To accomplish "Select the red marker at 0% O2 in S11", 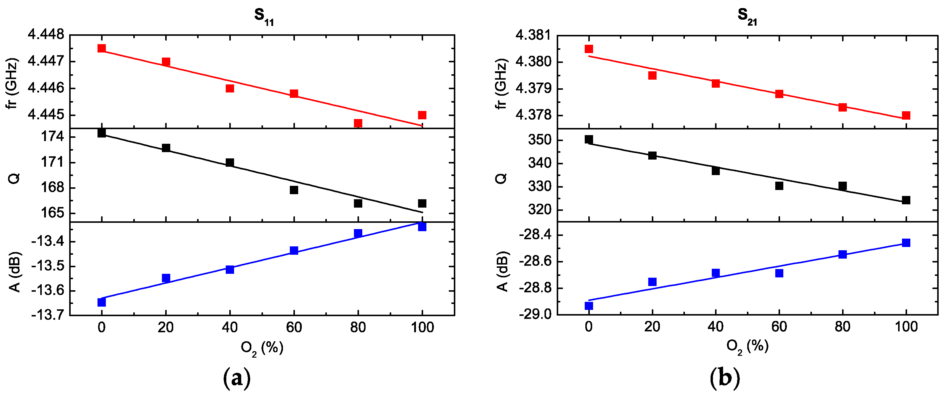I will (x=101, y=48).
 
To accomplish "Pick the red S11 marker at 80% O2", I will (x=358, y=123).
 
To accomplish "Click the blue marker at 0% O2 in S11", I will (x=101, y=302).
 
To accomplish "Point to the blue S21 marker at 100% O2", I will (x=906, y=243).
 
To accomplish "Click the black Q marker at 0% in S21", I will (x=589, y=140).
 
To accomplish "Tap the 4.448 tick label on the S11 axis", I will (x=46, y=35).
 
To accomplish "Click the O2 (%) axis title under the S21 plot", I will (x=747, y=347).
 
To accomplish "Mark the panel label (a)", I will (x=237, y=379).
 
